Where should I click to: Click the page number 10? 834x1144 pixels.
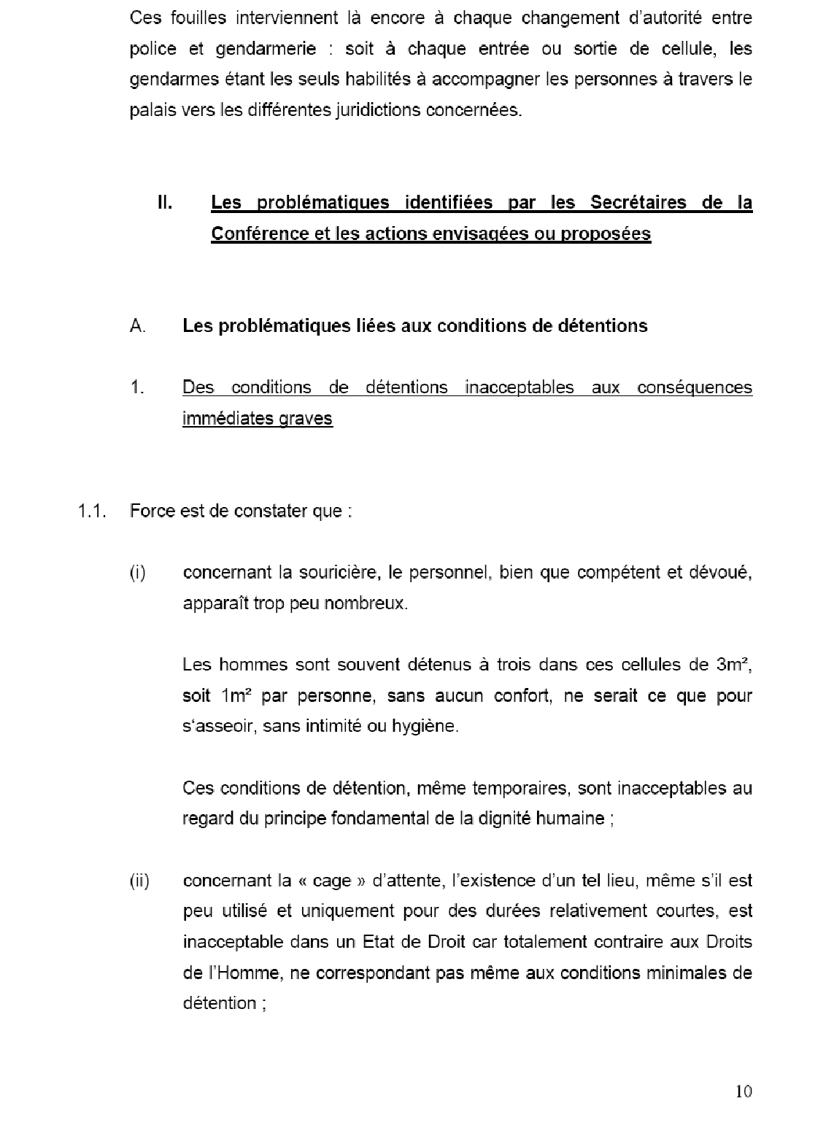click(744, 1091)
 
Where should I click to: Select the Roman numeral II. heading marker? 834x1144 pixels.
click(165, 202)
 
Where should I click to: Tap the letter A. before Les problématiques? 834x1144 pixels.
click(138, 325)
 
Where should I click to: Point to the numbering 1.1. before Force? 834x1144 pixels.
click(93, 511)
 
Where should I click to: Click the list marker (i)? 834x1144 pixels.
click(138, 573)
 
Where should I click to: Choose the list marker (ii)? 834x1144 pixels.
click(139, 881)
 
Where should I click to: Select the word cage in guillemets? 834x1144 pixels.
click(331, 881)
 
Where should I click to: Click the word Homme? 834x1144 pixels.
click(240, 973)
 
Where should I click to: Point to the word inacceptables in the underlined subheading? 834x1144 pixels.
click(520, 387)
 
